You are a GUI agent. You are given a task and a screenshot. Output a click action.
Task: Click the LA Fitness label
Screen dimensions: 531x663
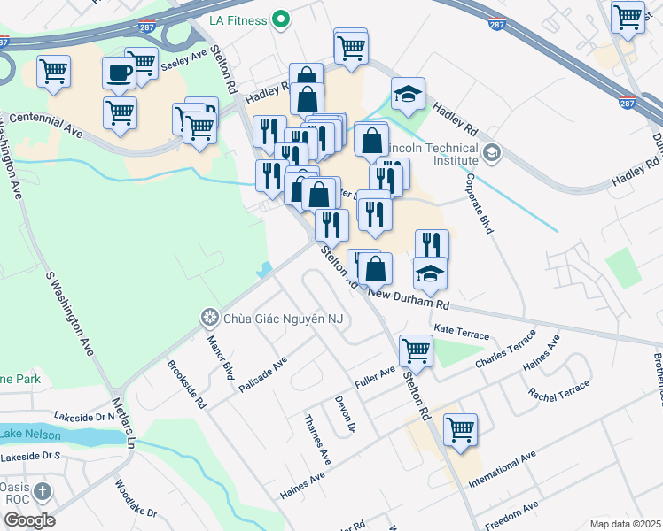(239, 18)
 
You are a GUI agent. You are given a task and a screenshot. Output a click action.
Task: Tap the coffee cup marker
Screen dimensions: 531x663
(119, 74)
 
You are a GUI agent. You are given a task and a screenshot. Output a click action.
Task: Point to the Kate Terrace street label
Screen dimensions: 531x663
(461, 334)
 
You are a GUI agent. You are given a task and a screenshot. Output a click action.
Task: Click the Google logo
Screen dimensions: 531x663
(29, 520)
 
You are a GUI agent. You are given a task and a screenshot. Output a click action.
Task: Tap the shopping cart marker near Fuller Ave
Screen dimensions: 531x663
(416, 350)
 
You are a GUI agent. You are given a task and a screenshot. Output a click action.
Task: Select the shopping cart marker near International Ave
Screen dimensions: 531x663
(460, 429)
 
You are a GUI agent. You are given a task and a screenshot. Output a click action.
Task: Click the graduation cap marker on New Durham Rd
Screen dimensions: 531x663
(430, 273)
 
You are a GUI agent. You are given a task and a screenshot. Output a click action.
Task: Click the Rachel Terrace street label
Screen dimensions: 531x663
(558, 379)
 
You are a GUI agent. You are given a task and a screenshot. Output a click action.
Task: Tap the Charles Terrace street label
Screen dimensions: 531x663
(505, 352)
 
